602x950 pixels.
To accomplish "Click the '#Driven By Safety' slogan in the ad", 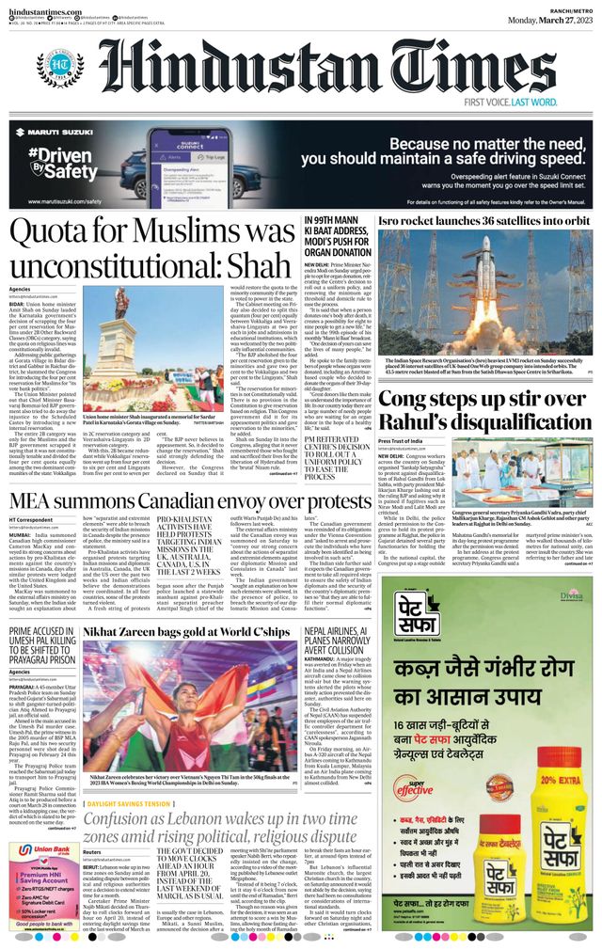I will (x=61, y=166).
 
